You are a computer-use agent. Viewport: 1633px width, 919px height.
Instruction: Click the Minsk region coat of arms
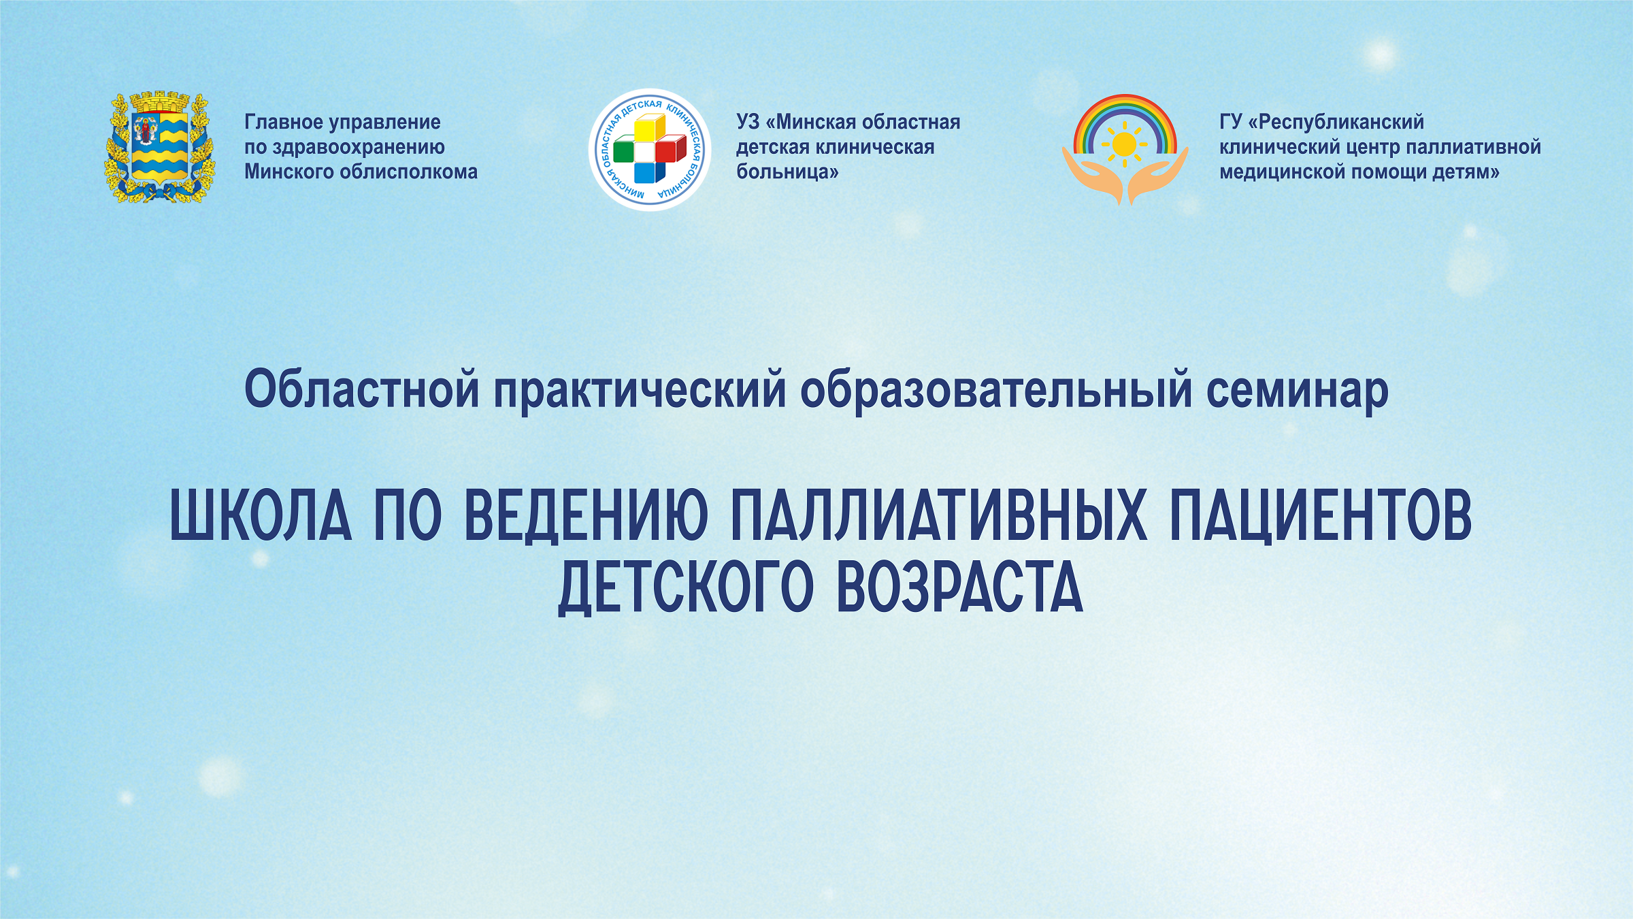pos(159,147)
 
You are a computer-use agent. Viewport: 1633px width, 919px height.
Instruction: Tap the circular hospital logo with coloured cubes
pos(650,149)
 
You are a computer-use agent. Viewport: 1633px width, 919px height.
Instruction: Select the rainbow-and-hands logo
pos(1125,150)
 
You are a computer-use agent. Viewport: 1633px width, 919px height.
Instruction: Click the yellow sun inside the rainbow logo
pos(1124,144)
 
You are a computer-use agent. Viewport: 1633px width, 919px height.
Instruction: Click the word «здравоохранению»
pos(359,148)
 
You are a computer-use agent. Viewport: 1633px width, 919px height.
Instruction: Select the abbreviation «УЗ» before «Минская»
pos(748,122)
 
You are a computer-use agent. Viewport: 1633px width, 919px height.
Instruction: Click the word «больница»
pos(787,172)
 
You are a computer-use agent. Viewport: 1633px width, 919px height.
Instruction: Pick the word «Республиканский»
pos(1341,123)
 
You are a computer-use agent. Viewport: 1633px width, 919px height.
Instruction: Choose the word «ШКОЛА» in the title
pos(261,516)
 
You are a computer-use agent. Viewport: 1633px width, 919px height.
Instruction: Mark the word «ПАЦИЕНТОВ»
pos(1321,517)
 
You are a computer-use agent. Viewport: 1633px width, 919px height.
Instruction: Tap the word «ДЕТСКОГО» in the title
pos(686,587)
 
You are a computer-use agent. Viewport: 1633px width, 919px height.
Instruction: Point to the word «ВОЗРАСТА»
pos(959,587)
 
